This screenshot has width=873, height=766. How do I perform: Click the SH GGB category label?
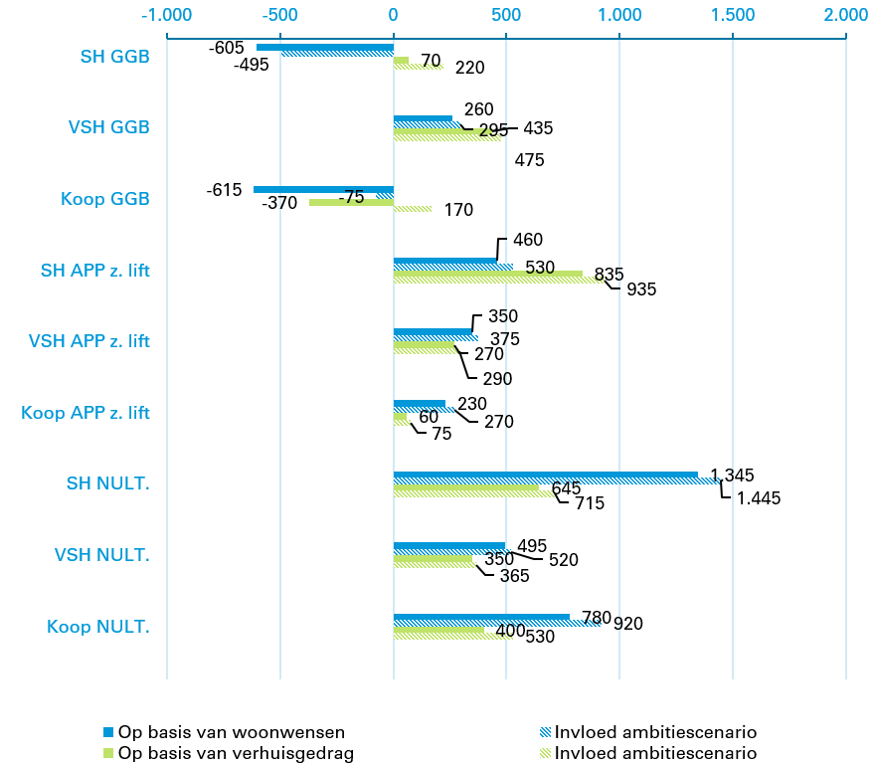(115, 57)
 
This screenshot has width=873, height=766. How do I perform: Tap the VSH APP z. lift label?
(89, 341)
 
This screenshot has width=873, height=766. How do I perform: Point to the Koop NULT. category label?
(98, 627)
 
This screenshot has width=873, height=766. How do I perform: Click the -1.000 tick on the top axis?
(166, 15)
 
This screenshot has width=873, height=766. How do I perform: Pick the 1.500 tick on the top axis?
(733, 15)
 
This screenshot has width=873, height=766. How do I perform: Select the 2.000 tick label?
(846, 15)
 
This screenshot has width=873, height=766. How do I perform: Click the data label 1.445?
(759, 498)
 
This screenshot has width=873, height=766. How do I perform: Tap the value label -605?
(226, 48)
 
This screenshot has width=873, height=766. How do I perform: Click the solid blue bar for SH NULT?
(545, 475)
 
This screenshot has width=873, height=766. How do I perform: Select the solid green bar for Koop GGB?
(351, 202)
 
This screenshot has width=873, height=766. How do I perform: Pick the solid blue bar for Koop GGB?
(323, 189)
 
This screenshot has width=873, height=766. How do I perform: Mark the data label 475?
(530, 160)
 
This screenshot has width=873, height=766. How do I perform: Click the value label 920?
(627, 625)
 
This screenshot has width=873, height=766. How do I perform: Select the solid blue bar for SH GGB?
(324, 47)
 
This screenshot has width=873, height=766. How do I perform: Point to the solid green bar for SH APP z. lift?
(487, 274)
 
